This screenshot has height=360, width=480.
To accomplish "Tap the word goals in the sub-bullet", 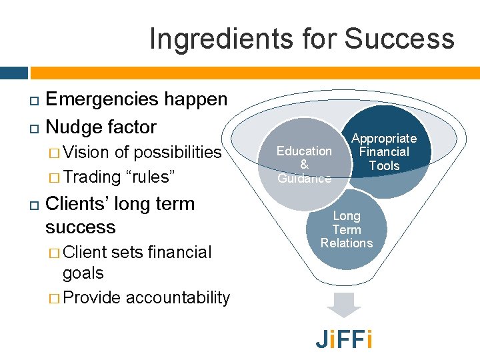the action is click(83, 273).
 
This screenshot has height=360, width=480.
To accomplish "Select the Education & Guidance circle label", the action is click(304, 164).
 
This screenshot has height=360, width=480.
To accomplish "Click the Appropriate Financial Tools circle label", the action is click(384, 152).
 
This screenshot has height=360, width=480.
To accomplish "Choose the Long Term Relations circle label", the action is click(347, 229).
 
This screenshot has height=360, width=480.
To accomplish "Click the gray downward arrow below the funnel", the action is click(344, 305).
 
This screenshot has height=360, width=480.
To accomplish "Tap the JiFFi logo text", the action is click(344, 339).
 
